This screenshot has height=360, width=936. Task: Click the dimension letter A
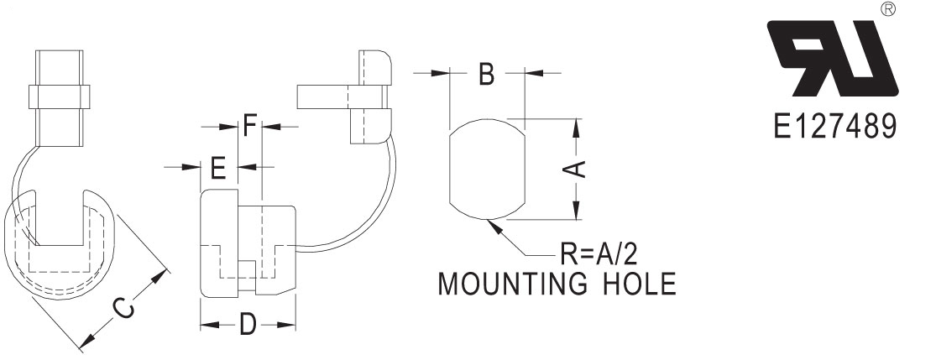click(575, 169)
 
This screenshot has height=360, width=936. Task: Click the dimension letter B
click(487, 74)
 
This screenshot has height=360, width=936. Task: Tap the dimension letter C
click(123, 310)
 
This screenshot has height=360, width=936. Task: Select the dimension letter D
click(248, 325)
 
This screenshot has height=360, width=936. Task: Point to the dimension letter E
click(218, 168)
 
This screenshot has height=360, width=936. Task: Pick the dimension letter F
click(250, 127)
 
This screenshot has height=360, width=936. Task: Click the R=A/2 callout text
click(599, 255)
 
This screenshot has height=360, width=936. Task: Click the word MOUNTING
click(512, 284)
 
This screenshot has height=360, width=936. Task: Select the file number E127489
click(834, 127)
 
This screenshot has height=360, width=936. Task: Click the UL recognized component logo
click(832, 59)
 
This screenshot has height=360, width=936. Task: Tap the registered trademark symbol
click(887, 8)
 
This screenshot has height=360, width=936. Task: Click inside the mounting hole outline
click(487, 169)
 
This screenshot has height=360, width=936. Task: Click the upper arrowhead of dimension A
click(576, 128)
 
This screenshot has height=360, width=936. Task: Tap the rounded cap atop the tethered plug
click(375, 66)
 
